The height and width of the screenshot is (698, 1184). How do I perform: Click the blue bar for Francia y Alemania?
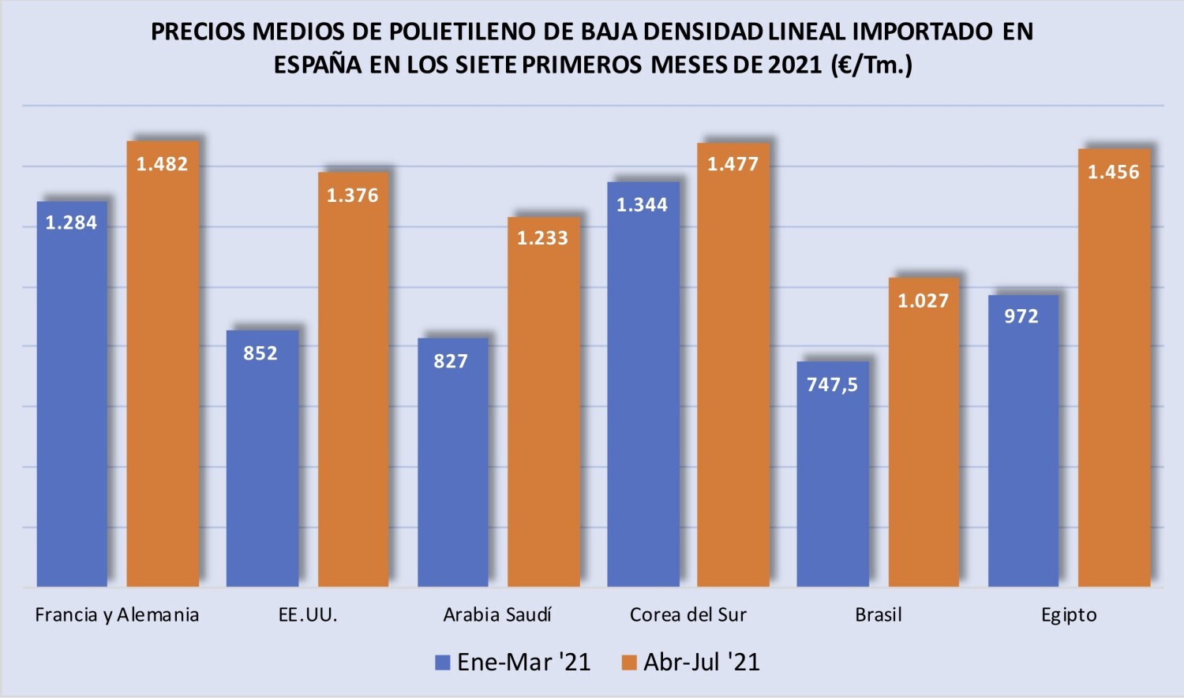[72, 394]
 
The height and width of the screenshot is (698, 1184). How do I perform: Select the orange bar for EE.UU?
[353, 379]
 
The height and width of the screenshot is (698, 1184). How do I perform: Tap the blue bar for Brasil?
[833, 474]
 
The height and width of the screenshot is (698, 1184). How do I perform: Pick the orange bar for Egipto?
[1115, 368]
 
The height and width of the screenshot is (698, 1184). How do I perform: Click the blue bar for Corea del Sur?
[643, 384]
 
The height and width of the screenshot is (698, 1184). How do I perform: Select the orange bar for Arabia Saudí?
[543, 401]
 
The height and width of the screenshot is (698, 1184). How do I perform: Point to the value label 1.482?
[163, 164]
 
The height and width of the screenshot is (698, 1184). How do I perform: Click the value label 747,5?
[833, 385]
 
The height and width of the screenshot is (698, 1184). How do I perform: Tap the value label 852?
[260, 353]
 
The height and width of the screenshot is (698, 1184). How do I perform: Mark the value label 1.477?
[733, 164]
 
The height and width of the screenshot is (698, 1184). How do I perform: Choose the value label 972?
[1021, 316]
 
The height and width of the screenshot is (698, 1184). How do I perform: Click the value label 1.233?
[542, 238]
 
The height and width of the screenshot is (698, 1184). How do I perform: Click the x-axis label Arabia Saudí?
[496, 614]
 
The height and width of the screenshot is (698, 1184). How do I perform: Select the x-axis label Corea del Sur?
[688, 614]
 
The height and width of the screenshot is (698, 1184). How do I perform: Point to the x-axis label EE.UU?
[308, 614]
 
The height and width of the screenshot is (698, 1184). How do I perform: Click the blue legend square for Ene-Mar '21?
[442, 663]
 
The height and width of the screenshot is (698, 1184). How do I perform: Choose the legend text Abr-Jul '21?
[702, 662]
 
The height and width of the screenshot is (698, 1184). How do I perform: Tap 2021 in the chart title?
[794, 65]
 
